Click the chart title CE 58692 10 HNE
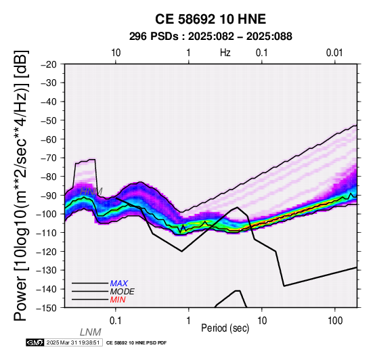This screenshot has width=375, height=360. (x=211, y=19)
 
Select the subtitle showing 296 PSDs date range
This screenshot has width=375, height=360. (x=211, y=37)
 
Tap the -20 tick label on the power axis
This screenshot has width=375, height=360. (x=49, y=64)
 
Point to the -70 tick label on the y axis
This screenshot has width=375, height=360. (x=49, y=158)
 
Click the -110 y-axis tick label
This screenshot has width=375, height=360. (x=47, y=233)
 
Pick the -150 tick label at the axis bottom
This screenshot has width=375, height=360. (x=47, y=308)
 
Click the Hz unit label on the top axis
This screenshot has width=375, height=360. (x=225, y=53)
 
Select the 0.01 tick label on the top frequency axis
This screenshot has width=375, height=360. (x=334, y=53)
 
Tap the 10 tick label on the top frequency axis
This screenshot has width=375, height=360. (x=116, y=53)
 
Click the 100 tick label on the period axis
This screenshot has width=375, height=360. (x=335, y=321)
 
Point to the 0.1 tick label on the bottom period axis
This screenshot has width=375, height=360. (x=115, y=321)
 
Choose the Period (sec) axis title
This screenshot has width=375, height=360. (x=225, y=328)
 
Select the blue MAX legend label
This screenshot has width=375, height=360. (x=119, y=284)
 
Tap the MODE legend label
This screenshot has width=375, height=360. (x=123, y=292)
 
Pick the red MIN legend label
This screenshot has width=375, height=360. (x=118, y=300)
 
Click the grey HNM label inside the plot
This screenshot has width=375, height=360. (x=91, y=192)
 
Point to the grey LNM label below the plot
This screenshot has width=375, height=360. (x=91, y=332)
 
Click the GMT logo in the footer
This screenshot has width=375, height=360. (x=35, y=342)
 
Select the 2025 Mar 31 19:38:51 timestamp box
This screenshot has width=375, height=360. (x=73, y=342)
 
